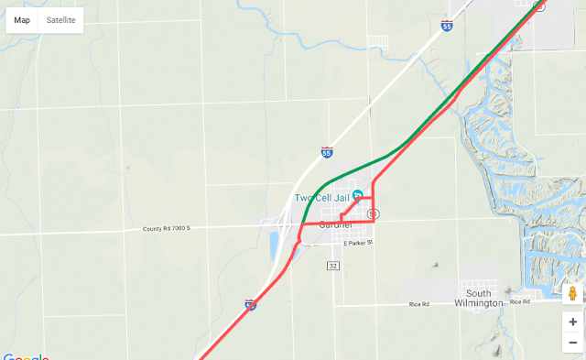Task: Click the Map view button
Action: click(22, 20)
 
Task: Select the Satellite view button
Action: click(61, 20)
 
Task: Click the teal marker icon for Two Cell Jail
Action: click(358, 196)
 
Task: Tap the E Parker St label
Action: click(360, 244)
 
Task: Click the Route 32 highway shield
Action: click(332, 265)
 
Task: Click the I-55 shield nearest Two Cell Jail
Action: click(327, 153)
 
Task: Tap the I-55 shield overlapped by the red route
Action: click(251, 304)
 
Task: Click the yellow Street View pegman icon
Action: click(572, 294)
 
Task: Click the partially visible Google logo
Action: click(25, 356)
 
